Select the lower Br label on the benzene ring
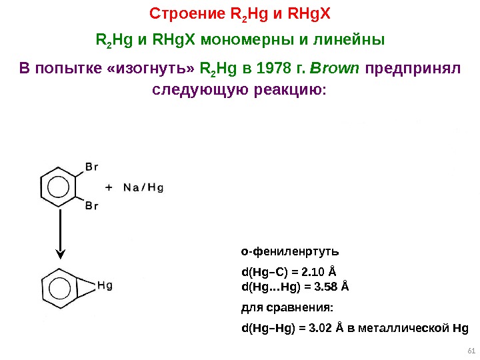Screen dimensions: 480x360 91,206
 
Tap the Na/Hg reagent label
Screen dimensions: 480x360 143,187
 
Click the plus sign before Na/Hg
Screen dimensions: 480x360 108,187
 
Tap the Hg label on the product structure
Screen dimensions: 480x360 105,285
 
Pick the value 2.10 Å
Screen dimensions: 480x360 319,272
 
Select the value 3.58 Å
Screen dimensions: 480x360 331,287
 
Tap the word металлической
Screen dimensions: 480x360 409,328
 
